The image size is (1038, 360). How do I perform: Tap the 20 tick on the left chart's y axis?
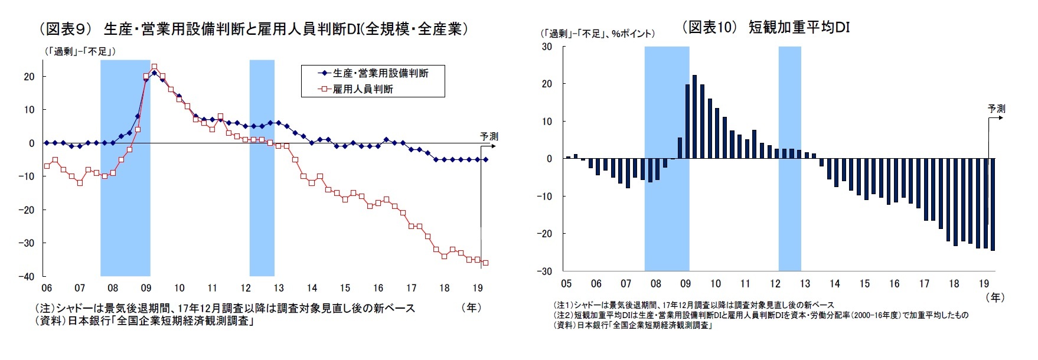(29, 77)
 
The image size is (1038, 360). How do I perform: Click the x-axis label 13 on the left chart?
(278, 288)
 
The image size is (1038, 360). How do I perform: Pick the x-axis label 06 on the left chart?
(46, 288)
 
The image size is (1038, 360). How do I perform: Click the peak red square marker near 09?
(154, 67)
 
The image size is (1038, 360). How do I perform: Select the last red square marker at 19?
(485, 263)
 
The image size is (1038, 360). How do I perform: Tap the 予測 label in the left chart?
(489, 136)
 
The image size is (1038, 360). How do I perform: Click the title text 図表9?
(66, 29)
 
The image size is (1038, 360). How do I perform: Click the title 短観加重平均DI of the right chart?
(799, 27)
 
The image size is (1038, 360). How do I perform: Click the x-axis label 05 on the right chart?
(566, 284)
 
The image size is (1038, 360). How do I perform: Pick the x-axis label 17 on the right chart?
(924, 284)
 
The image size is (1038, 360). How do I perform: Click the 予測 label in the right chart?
(996, 109)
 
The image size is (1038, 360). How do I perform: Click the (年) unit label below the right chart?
(995, 297)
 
